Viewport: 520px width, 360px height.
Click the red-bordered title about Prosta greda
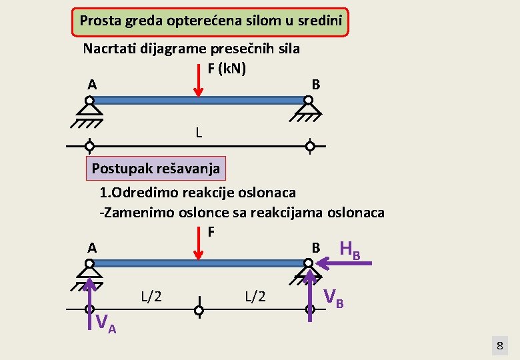tap(210, 21)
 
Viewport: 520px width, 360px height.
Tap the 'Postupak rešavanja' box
tap(155, 169)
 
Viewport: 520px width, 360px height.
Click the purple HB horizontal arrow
tap(344, 265)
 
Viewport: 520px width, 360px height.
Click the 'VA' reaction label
tap(106, 324)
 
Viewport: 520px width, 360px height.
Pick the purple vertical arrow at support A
tap(89, 303)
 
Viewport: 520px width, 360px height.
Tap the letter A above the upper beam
tap(92, 85)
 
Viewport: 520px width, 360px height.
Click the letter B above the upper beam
tap(316, 85)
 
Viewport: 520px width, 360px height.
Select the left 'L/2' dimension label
tap(151, 296)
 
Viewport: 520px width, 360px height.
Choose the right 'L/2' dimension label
tap(255, 296)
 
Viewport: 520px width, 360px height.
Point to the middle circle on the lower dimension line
tap(199, 310)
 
